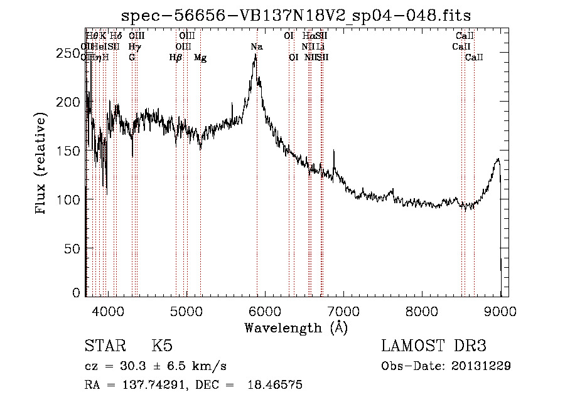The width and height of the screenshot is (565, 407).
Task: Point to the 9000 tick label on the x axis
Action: tap(500, 311)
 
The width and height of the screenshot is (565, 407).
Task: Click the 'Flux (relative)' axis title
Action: tap(41, 164)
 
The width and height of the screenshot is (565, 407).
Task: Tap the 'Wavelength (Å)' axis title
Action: tap(296, 327)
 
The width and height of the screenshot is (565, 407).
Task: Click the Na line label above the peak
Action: tap(256, 47)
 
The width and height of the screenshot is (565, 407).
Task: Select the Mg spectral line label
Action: tap(200, 58)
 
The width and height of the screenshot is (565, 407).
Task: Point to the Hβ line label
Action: tap(176, 58)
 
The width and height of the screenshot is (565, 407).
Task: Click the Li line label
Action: tap(320, 47)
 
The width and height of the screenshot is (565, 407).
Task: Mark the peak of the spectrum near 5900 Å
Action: tap(256, 55)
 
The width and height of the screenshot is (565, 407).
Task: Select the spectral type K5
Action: tap(162, 346)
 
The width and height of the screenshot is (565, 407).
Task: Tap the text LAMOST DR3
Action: tap(434, 346)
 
